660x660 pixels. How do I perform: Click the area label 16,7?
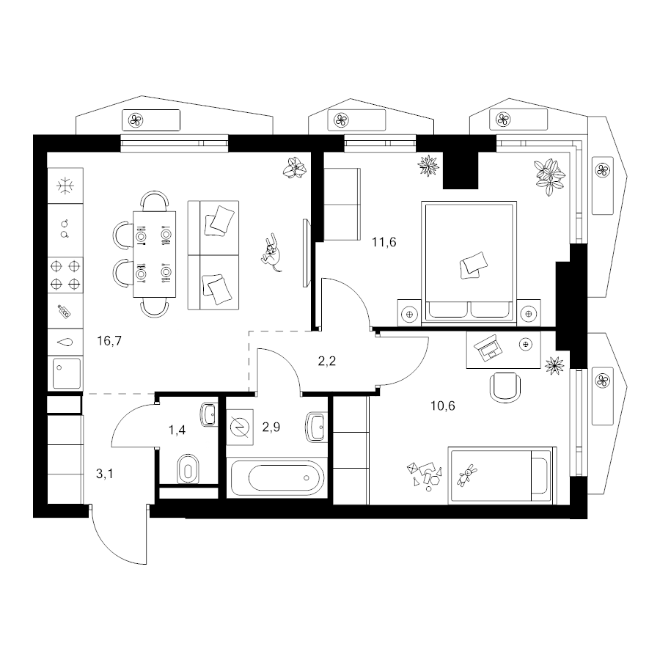coord(109,340)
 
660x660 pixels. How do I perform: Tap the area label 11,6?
coord(384,243)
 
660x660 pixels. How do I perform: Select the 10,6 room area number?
coord(443,406)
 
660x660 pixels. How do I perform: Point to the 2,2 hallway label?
coord(326,361)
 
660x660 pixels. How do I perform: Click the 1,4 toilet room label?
coord(177,430)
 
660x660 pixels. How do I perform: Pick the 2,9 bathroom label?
coord(271,428)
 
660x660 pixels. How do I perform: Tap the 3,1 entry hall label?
coord(104,474)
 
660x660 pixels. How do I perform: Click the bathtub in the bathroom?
coord(277,478)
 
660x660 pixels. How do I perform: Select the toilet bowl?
coord(188,468)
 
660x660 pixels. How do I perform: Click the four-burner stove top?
coord(65,275)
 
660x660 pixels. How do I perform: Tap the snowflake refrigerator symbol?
coord(65,186)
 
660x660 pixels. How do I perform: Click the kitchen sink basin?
coord(66,373)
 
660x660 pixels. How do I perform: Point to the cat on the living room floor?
coord(271,252)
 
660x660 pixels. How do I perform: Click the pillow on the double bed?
coord(474,265)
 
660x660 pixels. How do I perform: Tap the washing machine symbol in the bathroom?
coord(240,428)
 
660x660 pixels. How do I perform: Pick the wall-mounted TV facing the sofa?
coord(307,252)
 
